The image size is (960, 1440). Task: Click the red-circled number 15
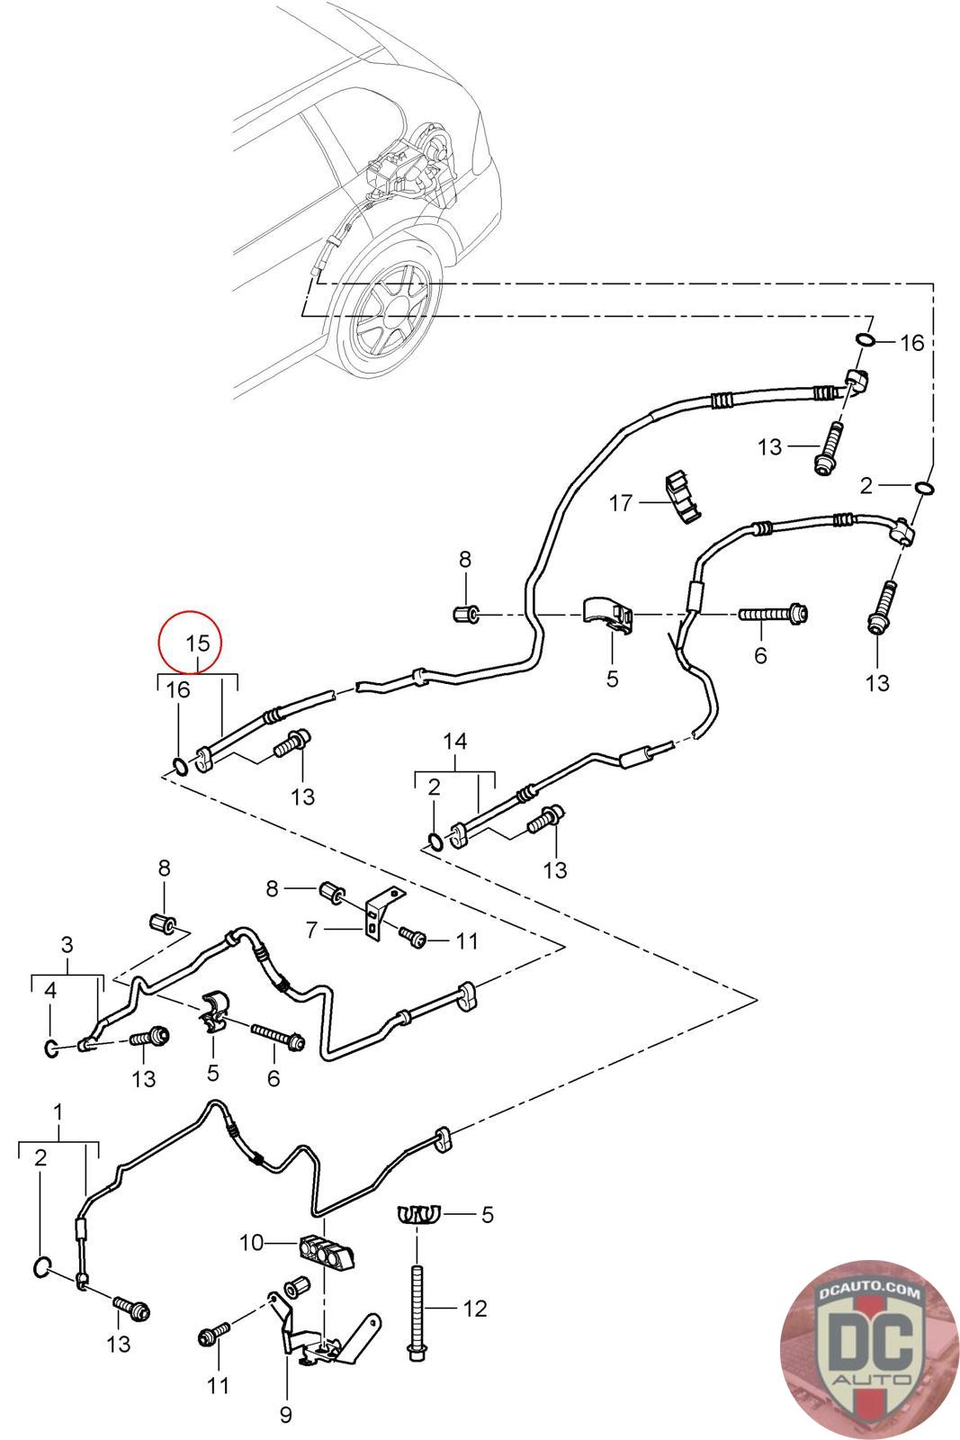point(197,643)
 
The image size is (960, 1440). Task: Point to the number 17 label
point(621,502)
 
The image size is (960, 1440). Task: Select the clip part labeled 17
point(682,497)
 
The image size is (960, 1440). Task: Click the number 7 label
point(312,930)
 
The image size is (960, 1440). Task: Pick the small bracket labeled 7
point(377,913)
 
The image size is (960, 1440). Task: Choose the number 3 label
point(67,945)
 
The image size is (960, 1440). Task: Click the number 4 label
point(50,990)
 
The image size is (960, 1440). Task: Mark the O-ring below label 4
point(52,1048)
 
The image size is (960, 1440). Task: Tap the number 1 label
point(58,1112)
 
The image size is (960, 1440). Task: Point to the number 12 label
point(474,1308)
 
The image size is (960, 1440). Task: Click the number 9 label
point(285,1415)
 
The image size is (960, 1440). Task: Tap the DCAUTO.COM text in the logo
point(869,1293)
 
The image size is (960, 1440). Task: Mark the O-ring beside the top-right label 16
point(864,340)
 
